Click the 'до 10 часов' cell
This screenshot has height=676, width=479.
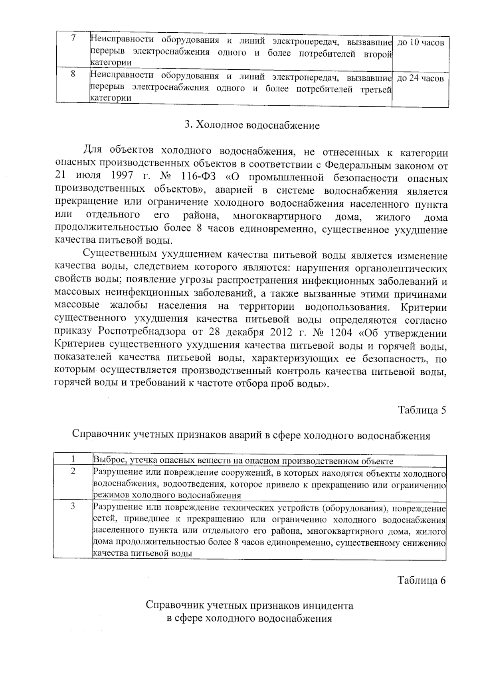tap(421, 43)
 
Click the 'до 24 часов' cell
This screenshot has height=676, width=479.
tap(421, 79)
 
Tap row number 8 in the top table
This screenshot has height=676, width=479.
tap(73, 74)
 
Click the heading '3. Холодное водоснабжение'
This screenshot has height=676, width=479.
tap(252, 126)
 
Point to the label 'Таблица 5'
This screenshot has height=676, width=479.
tap(422, 410)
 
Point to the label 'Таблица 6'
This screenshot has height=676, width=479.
tap(421, 580)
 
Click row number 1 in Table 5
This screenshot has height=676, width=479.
tap(73, 460)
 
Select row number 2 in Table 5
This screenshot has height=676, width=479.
tap(73, 471)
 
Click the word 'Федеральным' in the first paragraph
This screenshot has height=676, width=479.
tap(355, 165)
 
